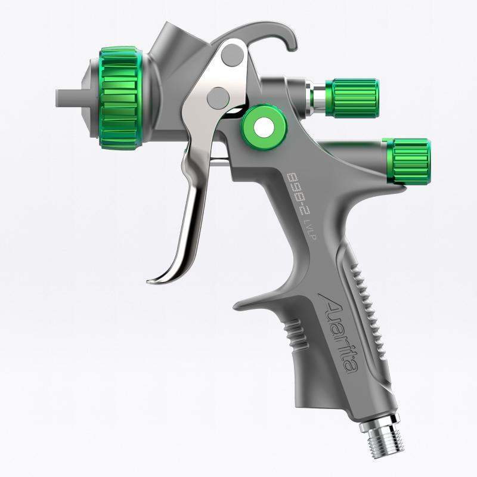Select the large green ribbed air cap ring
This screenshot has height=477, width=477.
click(x=119, y=98)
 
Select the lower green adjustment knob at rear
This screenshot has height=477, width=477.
click(x=408, y=161)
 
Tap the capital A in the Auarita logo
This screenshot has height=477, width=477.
click(x=326, y=301)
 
